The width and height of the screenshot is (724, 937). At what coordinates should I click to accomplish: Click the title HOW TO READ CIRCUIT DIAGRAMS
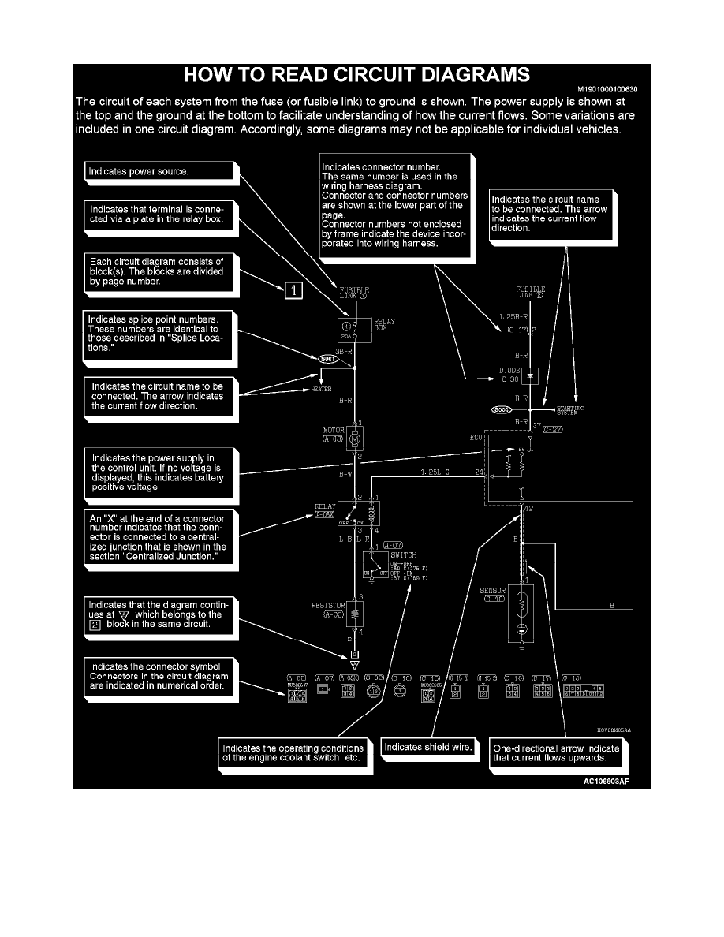pos(356,76)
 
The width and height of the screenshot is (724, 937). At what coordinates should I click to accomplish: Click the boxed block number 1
pos(293,290)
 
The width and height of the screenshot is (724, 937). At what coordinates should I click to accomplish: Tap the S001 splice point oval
pos(329,359)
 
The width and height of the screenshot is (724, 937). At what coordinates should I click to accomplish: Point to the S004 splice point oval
pos(502,409)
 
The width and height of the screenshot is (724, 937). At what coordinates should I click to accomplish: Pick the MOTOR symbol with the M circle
pos(355,436)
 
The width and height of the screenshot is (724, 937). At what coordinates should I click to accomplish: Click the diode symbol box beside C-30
pos(530,375)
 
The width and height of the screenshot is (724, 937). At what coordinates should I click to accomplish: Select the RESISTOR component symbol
pos(355,612)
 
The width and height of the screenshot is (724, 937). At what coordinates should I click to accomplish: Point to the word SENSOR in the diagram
pos(492,589)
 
